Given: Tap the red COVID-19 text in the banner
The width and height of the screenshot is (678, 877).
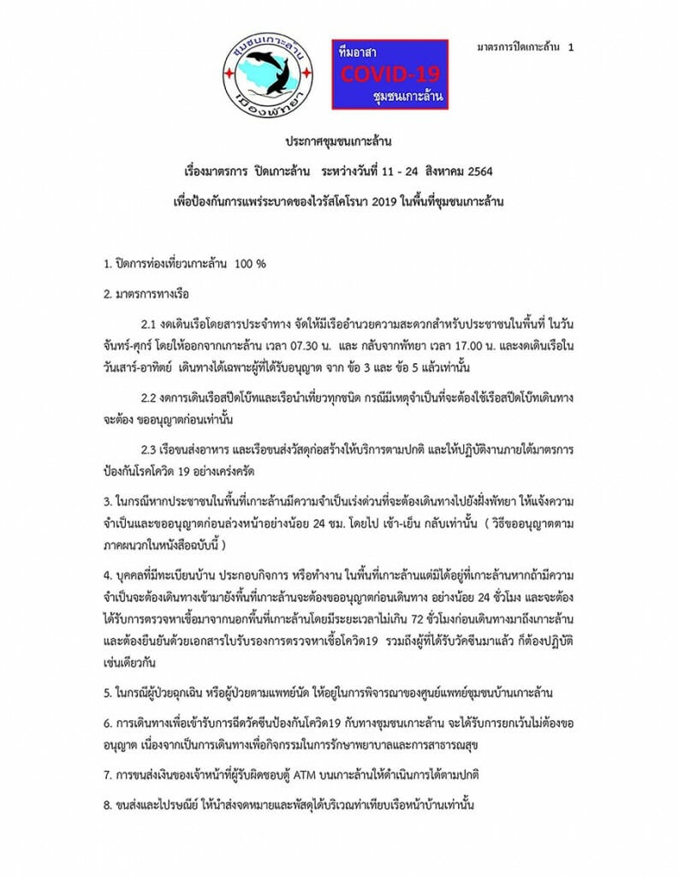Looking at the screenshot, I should tap(390, 75).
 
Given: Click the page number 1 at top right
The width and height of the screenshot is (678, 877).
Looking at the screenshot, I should tap(571, 48).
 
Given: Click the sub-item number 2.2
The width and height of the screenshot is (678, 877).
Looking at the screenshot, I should tap(150, 400).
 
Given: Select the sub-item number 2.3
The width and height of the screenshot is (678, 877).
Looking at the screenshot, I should tap(150, 448).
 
